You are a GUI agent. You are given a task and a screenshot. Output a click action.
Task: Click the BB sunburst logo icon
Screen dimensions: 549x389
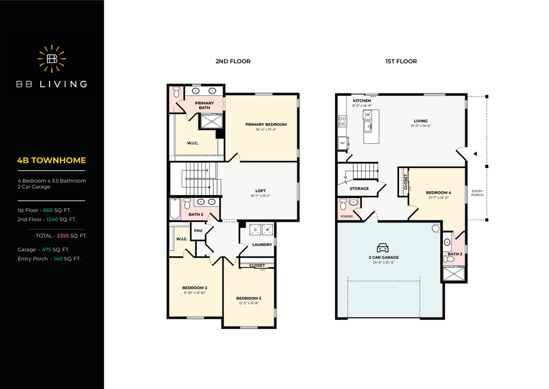pos(52,58)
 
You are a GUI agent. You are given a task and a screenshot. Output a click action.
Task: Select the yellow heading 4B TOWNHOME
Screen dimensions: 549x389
pos(51,160)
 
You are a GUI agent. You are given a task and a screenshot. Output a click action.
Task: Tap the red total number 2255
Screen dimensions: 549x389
pos(63,236)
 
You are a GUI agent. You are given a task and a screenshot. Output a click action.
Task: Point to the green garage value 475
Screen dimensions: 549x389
pos(47,250)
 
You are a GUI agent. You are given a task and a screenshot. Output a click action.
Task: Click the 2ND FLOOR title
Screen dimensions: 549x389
pos(233,61)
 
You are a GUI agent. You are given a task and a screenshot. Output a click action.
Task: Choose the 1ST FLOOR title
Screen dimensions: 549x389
pos(401,61)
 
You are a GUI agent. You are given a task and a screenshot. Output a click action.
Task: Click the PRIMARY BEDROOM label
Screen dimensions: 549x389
pos(266,124)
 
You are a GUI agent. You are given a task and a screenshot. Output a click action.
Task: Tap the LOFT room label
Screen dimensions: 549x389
pos(261,191)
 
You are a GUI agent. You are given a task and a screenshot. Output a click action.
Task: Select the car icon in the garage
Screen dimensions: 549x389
pos(383,248)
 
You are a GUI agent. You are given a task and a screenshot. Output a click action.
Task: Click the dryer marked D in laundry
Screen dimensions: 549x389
pos(255,229)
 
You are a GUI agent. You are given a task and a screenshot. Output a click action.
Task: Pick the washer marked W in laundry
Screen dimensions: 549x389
pos(268,229)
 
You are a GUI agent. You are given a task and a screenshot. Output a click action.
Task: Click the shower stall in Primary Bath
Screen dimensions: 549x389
pos(211,121)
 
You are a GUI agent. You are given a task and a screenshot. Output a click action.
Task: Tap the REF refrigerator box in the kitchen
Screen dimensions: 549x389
pos(343,143)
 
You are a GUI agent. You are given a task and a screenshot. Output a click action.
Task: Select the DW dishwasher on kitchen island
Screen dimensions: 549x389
pos(367,115)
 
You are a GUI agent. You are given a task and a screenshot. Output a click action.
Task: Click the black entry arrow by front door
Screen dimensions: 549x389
pos(475,154)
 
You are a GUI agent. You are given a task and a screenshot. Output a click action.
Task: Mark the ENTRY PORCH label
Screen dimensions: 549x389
pos(477,193)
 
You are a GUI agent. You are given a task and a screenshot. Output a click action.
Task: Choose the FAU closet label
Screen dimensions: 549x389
pos(198,230)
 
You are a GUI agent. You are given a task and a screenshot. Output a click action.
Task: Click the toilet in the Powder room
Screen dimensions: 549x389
pos(343,204)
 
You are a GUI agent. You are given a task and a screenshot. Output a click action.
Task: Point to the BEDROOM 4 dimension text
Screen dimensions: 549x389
pos(439,198)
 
